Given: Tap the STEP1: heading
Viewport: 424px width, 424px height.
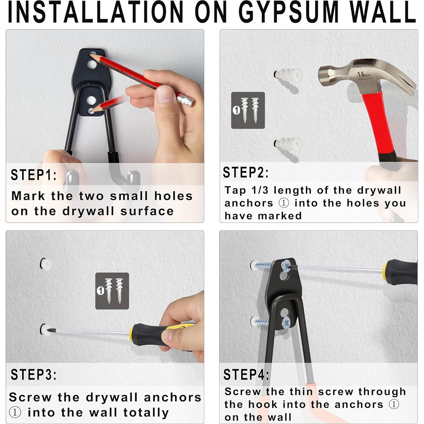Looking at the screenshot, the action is (x=34, y=175).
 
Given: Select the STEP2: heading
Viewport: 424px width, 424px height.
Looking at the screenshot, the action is (x=246, y=172).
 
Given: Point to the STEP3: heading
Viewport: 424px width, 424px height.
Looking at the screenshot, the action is (x=34, y=375).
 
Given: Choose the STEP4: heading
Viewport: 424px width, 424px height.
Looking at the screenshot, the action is (x=246, y=374).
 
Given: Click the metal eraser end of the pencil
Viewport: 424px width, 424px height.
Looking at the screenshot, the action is (x=186, y=100).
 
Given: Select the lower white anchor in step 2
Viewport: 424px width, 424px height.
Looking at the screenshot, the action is (x=288, y=144).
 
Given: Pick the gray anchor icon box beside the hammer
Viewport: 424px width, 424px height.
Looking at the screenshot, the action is (x=248, y=110).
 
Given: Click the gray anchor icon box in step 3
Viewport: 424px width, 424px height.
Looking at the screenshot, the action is (x=112, y=291).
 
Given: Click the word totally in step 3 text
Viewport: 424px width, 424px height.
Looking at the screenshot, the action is (x=146, y=412).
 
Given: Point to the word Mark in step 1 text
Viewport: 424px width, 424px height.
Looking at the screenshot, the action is (x=28, y=196).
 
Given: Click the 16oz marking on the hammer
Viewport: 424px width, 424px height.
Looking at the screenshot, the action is (x=364, y=75).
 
